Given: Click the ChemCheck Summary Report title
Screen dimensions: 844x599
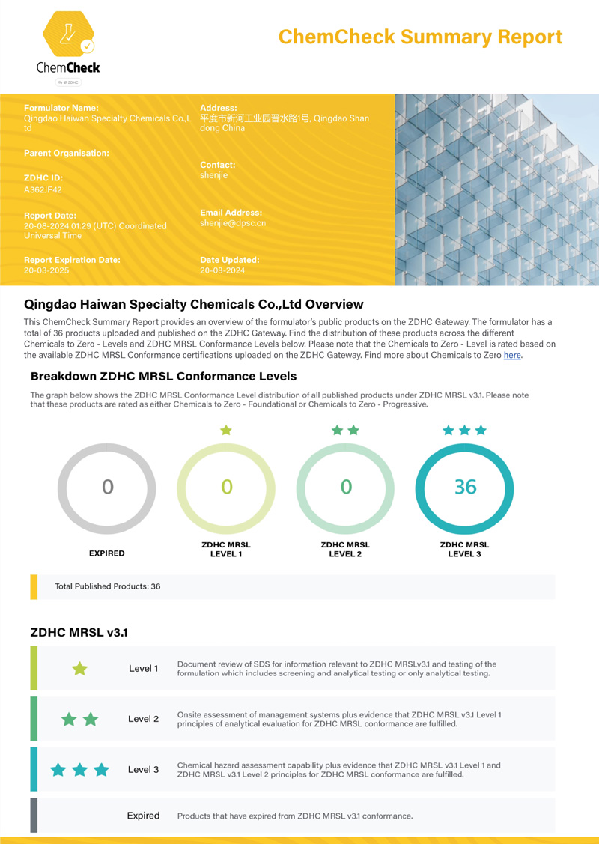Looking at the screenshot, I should click(420, 37).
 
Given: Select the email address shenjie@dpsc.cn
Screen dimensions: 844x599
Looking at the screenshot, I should click(233, 223).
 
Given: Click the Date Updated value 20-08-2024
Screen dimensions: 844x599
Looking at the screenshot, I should click(222, 270).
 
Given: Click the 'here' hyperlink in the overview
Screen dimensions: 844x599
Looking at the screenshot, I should click(512, 356).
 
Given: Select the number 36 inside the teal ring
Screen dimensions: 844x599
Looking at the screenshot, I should click(465, 487).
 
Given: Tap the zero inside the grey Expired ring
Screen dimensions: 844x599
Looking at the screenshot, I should click(107, 487).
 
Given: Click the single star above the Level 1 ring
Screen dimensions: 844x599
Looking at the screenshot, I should click(226, 430).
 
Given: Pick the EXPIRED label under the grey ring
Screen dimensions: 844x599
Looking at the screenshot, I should click(107, 553).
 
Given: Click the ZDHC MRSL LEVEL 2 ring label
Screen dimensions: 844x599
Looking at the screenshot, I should click(345, 549).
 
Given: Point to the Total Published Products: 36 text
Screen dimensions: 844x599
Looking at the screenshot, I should click(108, 586).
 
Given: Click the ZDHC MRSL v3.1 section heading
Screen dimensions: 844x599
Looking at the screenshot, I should click(79, 632).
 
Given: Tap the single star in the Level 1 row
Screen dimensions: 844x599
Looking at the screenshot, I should click(79, 668).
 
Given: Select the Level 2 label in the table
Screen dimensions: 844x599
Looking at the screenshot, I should click(143, 719).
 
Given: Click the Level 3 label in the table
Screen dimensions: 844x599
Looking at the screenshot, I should click(143, 769).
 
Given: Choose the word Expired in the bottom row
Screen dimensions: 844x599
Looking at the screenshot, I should click(143, 816).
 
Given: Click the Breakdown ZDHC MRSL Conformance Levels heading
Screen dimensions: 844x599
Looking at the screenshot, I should click(163, 376).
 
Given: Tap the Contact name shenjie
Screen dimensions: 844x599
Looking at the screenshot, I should click(213, 175).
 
